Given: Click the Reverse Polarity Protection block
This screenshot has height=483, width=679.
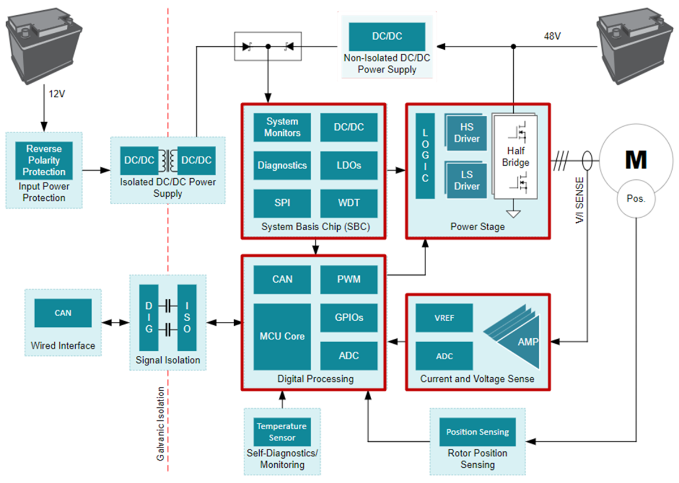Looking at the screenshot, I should click(44, 160).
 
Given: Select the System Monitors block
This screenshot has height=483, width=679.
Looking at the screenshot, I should click(282, 127).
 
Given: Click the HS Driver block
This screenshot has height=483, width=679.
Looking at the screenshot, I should click(466, 133).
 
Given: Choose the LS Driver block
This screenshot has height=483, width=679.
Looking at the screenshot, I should click(466, 180).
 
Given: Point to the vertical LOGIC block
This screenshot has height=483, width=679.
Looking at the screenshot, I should click(425, 156).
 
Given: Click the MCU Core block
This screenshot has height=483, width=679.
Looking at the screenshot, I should click(282, 337).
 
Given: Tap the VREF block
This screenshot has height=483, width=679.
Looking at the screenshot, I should click(444, 318).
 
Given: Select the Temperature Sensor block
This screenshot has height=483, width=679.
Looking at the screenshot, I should click(282, 432).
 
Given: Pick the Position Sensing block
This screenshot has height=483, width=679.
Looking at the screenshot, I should click(478, 432).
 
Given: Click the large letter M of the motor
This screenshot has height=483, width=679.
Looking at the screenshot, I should click(635, 161).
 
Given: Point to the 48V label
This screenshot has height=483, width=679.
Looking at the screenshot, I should click(552, 36).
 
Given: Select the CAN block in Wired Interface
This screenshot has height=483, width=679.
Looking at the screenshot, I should click(63, 313).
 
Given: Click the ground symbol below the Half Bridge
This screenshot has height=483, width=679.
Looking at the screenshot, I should click(513, 214).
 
